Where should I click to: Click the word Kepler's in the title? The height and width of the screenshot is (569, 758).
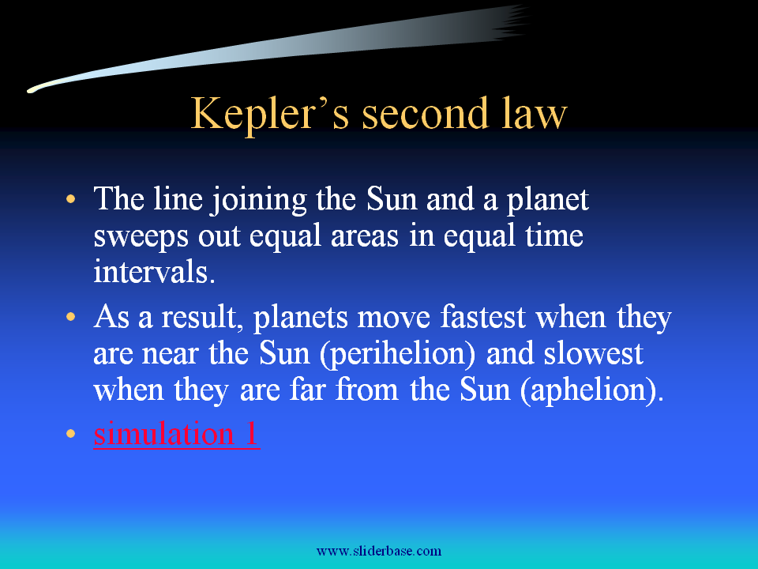pos(270,114)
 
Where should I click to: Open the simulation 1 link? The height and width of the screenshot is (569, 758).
pos(176,433)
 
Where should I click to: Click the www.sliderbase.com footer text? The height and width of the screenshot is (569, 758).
pos(379,551)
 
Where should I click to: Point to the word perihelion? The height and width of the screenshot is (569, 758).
pos(397,355)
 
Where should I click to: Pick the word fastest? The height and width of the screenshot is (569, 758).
pos(482,317)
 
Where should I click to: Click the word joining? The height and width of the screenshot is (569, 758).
pos(259,200)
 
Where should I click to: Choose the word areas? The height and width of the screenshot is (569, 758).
pos(365,237)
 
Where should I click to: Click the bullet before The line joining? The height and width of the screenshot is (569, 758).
pos(70,198)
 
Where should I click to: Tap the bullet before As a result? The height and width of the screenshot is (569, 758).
pos(70,316)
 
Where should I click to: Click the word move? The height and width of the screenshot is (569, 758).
pos(393,318)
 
